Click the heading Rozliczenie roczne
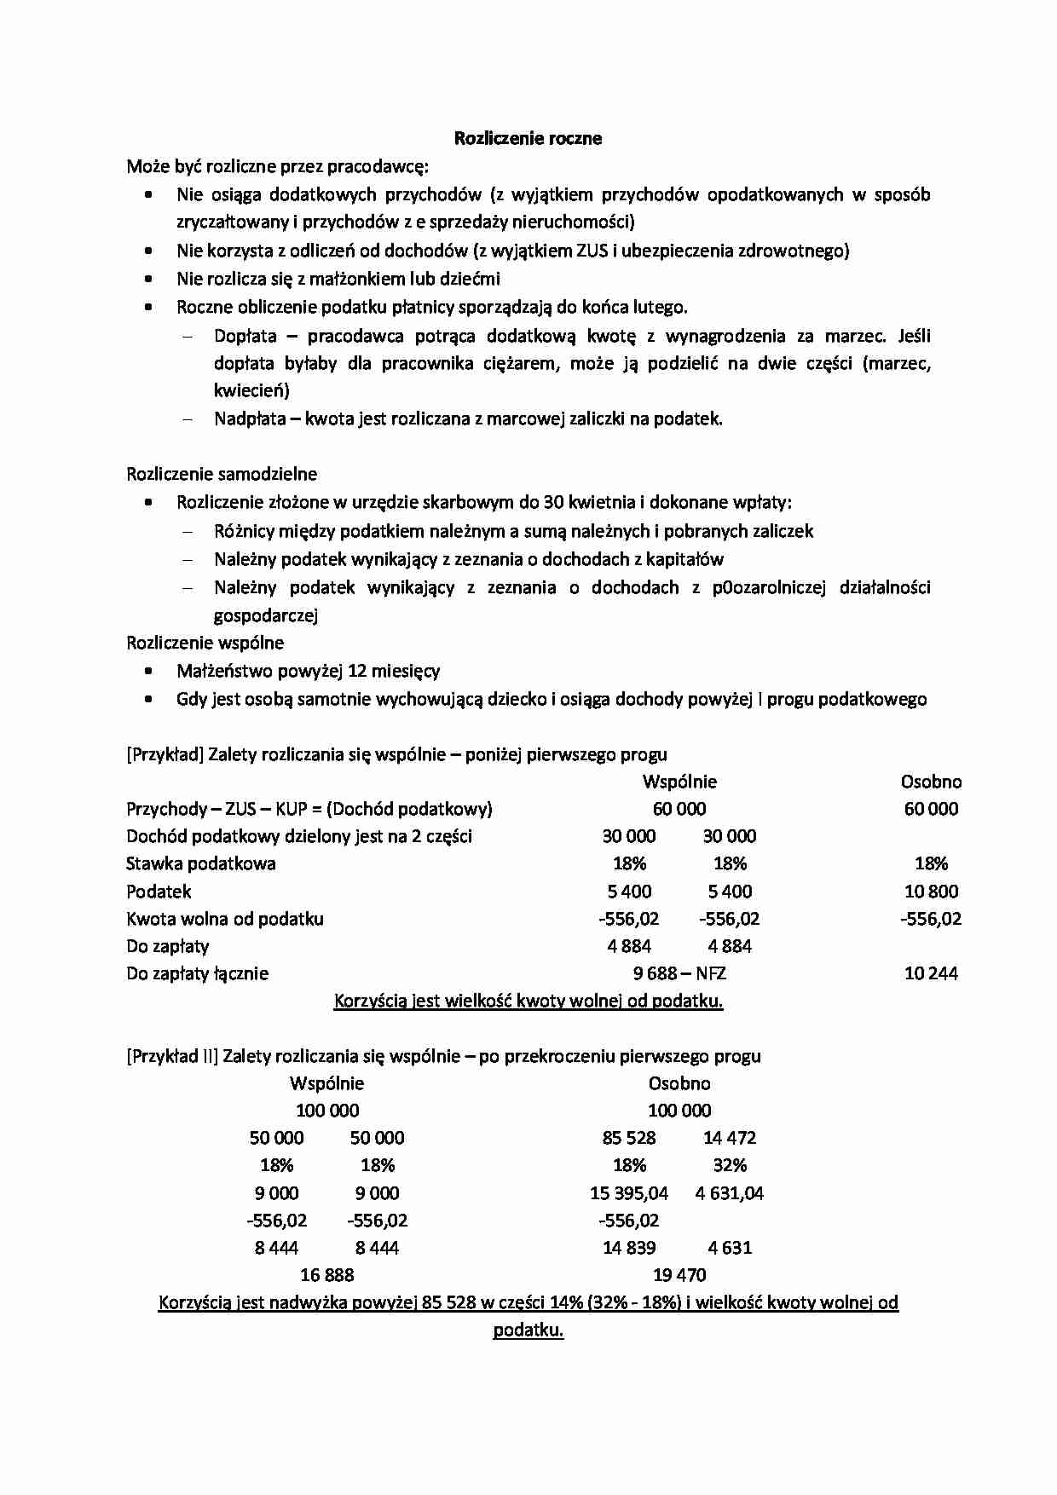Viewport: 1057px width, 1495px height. point(528,138)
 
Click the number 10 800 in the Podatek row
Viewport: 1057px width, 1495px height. point(931,892)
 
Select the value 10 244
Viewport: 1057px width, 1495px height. point(931,973)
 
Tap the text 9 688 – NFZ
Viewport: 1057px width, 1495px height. point(679,973)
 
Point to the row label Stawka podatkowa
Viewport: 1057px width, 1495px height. point(201,863)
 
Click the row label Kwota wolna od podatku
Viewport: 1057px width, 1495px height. point(225,919)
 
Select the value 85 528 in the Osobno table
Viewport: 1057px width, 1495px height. point(629,1138)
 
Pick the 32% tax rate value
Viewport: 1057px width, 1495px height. point(730,1165)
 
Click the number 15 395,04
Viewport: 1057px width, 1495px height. point(629,1193)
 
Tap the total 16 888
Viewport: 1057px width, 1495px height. point(326,1275)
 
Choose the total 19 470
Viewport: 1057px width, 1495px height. point(679,1275)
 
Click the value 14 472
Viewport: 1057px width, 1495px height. point(730,1138)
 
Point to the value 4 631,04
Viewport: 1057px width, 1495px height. point(730,1193)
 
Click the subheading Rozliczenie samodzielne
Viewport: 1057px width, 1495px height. point(222,474)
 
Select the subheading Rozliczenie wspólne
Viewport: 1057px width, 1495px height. point(205,643)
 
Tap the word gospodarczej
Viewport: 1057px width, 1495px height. point(266,615)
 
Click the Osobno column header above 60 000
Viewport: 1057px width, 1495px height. point(931,782)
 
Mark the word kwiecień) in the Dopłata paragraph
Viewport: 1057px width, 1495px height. point(251,391)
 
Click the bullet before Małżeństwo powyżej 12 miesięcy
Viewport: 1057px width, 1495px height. point(149,672)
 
